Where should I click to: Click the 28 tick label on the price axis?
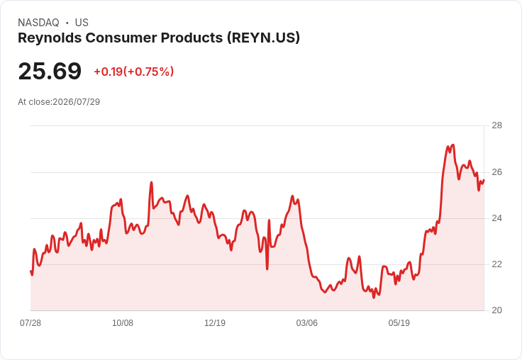(x=496, y=125)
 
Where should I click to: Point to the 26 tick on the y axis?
(x=496, y=172)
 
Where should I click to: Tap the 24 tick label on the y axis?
(x=496, y=218)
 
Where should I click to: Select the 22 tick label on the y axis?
(x=496, y=264)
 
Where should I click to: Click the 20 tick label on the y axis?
(x=496, y=310)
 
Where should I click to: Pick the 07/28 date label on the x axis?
(x=30, y=322)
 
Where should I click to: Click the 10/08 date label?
(x=123, y=322)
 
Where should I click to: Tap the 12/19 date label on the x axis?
(x=215, y=322)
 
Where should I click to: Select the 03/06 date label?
(x=307, y=322)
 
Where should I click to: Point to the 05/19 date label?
(x=399, y=322)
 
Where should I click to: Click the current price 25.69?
(x=50, y=71)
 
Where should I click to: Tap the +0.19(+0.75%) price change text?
(x=134, y=72)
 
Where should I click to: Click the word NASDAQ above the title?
(x=38, y=23)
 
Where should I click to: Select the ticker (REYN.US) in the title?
(x=263, y=38)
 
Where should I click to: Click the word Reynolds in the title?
(x=50, y=38)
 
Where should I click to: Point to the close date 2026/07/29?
(x=76, y=102)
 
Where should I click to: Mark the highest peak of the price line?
(x=452, y=145)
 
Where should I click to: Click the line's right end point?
(x=484, y=180)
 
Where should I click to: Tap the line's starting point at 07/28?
(x=30, y=271)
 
